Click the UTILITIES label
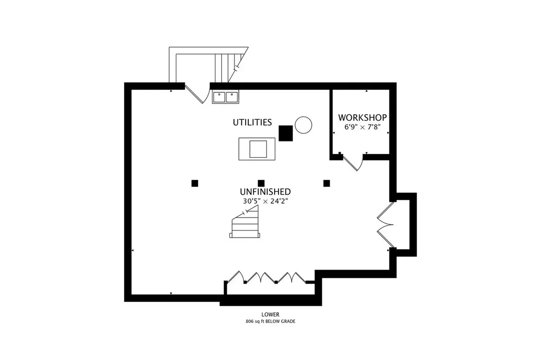[x=252, y=122]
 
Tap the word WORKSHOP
[x=362, y=118]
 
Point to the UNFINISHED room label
[x=265, y=192]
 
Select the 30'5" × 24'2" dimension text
[x=265, y=201]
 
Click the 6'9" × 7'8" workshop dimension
[x=362, y=127]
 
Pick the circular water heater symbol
[x=303, y=125]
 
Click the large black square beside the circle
[x=286, y=133]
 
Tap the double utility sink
[x=226, y=97]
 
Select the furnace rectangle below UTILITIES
[x=257, y=149]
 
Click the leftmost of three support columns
[x=195, y=184]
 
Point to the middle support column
[x=261, y=184]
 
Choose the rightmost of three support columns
[x=327, y=184]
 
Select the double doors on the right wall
[x=385, y=225]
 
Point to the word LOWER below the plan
[x=270, y=315]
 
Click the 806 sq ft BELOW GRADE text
[x=270, y=321]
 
